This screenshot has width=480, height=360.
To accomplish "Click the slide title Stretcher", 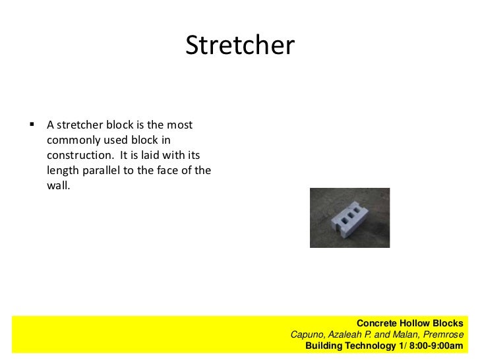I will pyautogui.click(x=239, y=45).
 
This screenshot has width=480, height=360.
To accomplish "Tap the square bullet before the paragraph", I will pyautogui.click(x=31, y=124).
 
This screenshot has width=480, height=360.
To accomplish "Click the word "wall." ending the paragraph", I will pyautogui.click(x=58, y=186).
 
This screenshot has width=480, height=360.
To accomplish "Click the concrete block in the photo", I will pyautogui.click(x=349, y=217).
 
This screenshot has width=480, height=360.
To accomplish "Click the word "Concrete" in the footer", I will pyautogui.click(x=376, y=324).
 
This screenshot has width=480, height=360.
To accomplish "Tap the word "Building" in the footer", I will pyautogui.click(x=326, y=345).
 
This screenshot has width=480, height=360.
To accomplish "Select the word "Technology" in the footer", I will pyautogui.click(x=373, y=345).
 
